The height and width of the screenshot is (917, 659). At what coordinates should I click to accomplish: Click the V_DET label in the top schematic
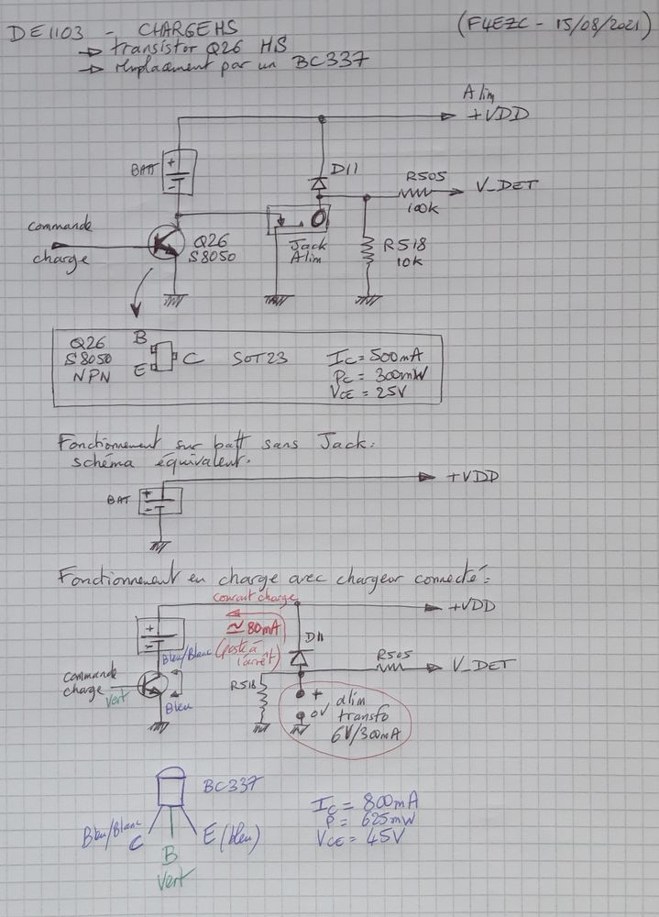506,186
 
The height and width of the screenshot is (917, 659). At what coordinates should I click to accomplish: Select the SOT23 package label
261,359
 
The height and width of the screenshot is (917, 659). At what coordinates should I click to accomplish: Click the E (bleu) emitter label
231,835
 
